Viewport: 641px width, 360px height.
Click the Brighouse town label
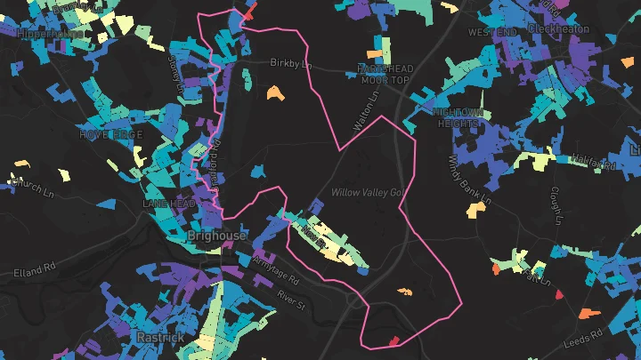[217, 236]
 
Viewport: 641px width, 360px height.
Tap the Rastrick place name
[160, 338]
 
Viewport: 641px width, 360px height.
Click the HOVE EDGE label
[110, 134]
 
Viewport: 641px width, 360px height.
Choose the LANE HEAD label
[168, 204]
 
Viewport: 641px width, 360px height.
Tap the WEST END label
[492, 32]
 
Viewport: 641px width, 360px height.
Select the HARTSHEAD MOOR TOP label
[383, 74]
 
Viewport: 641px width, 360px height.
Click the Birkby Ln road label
[289, 63]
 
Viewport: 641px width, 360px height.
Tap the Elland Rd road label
[35, 266]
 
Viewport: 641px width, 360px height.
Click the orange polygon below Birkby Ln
[273, 92]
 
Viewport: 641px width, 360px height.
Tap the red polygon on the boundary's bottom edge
[394, 340]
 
